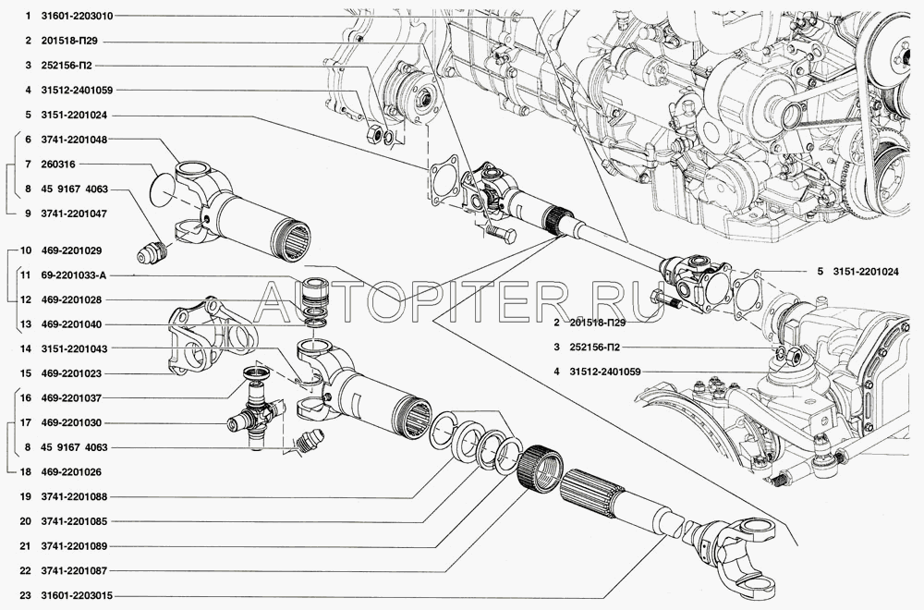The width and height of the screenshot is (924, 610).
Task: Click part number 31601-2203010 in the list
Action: (x=77, y=17)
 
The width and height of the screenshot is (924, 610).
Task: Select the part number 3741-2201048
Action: (x=74, y=140)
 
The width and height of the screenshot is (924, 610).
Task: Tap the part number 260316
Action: (x=58, y=165)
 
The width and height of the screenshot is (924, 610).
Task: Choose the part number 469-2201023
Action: (x=71, y=373)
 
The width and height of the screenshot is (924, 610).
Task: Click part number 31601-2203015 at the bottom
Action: (x=77, y=596)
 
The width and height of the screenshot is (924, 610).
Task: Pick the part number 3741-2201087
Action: (x=74, y=571)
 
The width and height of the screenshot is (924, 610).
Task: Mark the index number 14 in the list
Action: (x=25, y=349)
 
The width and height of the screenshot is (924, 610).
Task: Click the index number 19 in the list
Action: (x=25, y=497)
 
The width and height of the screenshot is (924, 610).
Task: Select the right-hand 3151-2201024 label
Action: (x=866, y=272)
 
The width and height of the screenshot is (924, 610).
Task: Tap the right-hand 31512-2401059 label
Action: (x=605, y=372)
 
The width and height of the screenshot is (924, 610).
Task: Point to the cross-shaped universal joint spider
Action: (x=255, y=415)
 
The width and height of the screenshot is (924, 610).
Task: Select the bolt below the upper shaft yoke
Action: (x=502, y=235)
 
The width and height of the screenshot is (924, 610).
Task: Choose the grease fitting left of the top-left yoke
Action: (x=152, y=254)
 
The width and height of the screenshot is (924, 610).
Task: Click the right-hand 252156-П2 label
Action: (x=595, y=348)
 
